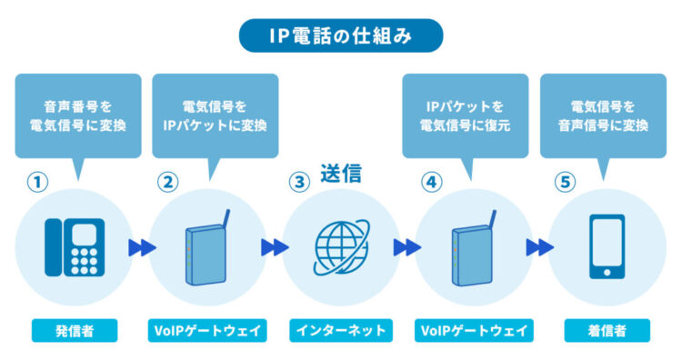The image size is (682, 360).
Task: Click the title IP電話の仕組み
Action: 340,35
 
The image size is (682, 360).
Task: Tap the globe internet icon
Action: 340,247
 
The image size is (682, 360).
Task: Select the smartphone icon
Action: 607,247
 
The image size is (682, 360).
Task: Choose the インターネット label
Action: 340,330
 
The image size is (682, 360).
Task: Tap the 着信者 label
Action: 607,330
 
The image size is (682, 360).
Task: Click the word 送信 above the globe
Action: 341,174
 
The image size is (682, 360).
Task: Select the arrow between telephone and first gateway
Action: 140,247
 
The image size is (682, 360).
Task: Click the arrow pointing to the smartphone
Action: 540,247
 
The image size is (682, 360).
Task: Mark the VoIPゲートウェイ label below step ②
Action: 206,330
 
